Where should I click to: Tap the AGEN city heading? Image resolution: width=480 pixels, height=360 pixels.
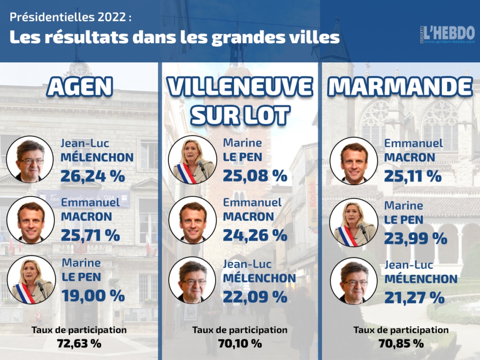(x=81, y=87)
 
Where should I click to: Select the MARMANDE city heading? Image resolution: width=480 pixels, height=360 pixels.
(x=400, y=87)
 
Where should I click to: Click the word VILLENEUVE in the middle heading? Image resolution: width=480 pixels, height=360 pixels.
(x=240, y=87)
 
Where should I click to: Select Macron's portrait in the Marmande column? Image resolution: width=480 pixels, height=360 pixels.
(x=354, y=161)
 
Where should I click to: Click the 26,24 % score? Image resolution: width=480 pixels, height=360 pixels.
(x=93, y=176)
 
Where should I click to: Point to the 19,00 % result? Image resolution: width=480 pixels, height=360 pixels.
(x=93, y=295)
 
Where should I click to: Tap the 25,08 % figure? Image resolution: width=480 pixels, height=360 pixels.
(x=255, y=176)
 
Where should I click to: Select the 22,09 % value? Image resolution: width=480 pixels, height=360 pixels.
(x=255, y=296)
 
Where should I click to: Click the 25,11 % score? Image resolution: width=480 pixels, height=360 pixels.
(x=413, y=176)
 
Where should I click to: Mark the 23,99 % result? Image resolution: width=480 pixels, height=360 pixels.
(x=415, y=238)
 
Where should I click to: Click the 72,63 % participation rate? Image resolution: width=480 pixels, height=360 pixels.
(x=79, y=343)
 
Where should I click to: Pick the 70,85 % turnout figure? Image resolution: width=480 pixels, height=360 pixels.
(x=401, y=343)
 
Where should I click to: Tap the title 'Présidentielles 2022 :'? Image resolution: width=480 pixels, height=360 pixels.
(x=71, y=17)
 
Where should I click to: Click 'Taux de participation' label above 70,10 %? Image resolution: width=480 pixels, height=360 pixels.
(x=240, y=330)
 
